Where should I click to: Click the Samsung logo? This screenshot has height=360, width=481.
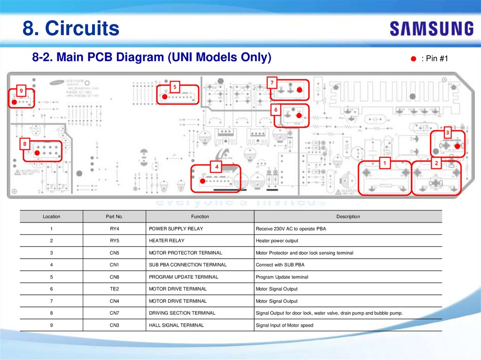[431, 29]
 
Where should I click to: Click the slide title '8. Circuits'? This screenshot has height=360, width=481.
[71, 29]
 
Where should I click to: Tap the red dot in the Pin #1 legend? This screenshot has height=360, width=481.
[413, 59]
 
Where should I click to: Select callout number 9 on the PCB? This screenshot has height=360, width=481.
[21, 90]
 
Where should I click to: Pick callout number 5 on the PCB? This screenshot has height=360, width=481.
[175, 86]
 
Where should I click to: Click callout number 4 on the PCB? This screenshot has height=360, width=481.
[217, 167]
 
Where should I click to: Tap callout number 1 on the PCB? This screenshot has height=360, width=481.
[385, 163]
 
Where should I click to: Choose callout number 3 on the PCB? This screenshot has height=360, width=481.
[447, 133]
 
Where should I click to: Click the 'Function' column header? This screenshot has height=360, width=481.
[200, 216]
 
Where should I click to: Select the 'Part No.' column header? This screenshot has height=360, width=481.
[114, 216]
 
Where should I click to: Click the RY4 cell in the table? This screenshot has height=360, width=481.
[114, 229]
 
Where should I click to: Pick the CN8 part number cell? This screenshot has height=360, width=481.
[114, 277]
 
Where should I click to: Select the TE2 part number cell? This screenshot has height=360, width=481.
[114, 289]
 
